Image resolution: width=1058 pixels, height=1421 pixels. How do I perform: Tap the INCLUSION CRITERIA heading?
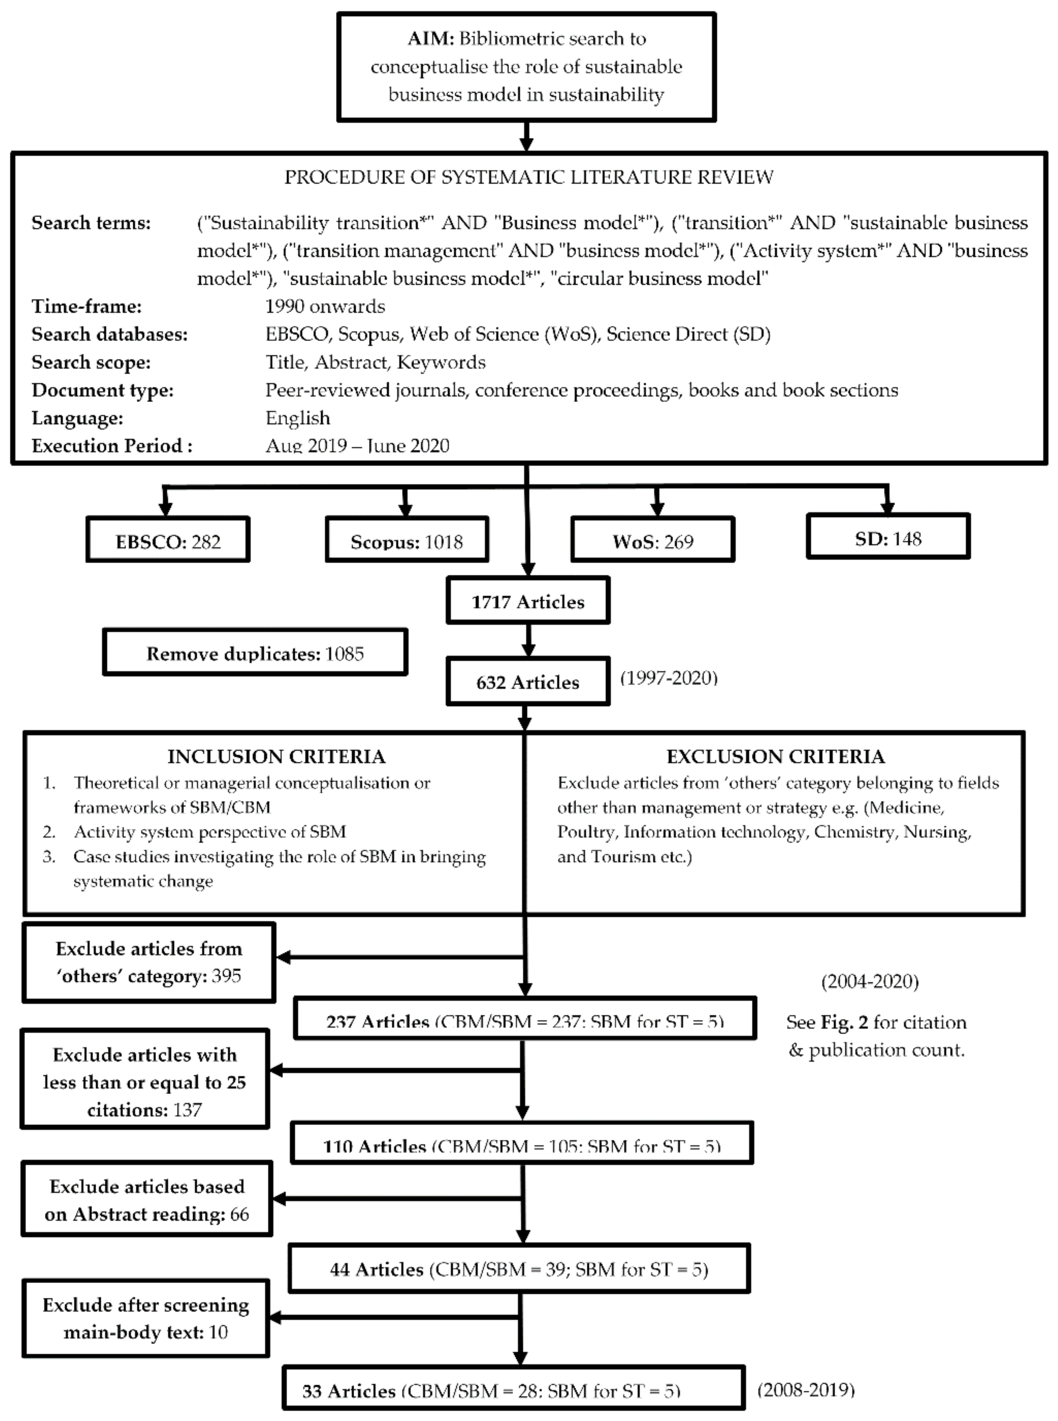(276, 756)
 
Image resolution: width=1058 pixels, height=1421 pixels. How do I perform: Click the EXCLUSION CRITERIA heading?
(775, 756)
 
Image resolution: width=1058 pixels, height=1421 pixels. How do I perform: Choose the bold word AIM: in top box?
(430, 38)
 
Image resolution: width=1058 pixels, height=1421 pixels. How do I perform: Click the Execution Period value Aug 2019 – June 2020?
(357, 445)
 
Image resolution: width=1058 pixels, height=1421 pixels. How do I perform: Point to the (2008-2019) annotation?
(806, 1389)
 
